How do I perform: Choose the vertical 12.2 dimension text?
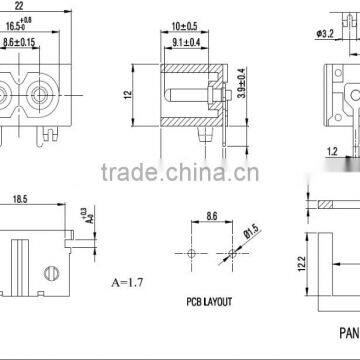[301, 264]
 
